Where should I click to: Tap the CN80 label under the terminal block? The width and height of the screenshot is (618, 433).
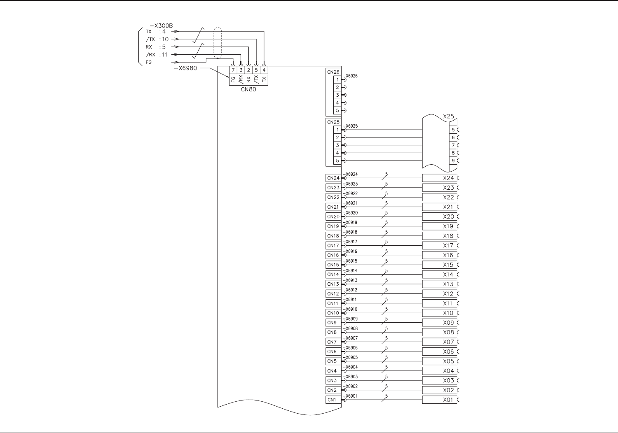click(x=248, y=89)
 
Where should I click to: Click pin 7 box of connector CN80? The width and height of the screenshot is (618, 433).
click(x=233, y=70)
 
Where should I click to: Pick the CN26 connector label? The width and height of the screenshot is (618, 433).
click(x=333, y=72)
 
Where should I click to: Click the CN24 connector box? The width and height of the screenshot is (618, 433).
click(x=333, y=178)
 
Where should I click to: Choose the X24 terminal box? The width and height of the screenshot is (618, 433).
click(x=440, y=178)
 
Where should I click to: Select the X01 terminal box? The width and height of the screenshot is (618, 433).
click(x=440, y=400)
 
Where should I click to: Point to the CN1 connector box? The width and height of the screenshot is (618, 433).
click(x=332, y=400)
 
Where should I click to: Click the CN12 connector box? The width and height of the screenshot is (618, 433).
click(x=333, y=294)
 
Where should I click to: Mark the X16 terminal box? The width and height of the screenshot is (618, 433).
click(x=440, y=255)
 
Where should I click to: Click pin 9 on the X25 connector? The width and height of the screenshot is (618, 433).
click(x=453, y=161)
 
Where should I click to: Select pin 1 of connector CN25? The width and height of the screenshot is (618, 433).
click(x=337, y=130)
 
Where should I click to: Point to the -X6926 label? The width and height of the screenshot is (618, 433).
click(x=351, y=76)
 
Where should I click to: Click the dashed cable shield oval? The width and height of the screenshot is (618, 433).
click(x=218, y=43)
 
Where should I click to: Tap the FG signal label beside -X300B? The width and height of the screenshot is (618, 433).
click(x=149, y=63)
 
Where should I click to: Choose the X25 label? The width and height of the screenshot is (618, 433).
click(x=448, y=116)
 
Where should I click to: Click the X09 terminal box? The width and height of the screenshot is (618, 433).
click(x=440, y=323)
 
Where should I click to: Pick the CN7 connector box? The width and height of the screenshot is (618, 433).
click(x=332, y=342)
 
